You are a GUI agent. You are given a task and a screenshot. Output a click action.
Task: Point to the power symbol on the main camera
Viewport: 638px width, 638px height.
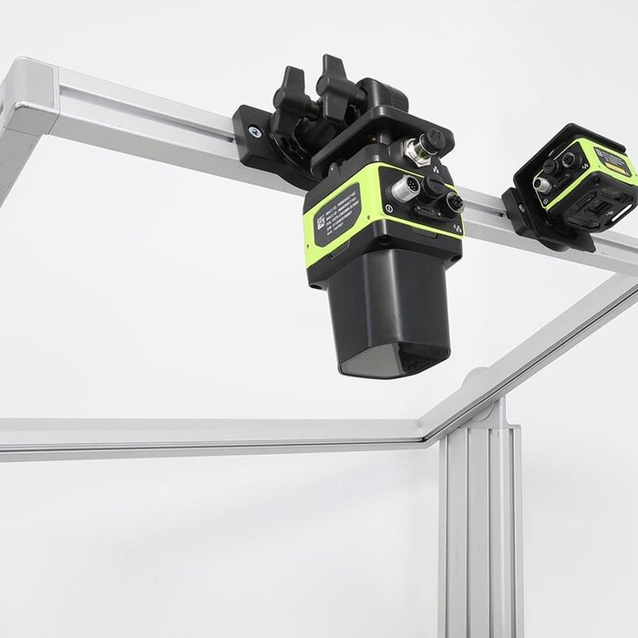[389, 209]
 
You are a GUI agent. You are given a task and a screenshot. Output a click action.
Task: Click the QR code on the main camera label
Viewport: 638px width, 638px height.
[321, 221]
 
